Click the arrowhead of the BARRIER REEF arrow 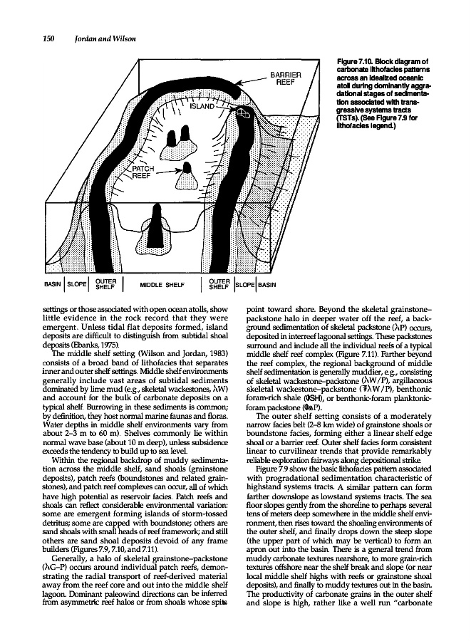[x=239, y=83]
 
